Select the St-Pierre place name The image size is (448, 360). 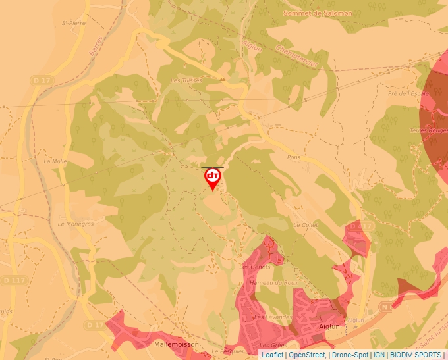[74, 22]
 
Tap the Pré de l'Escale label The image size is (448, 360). [408, 93]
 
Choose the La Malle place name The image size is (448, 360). [55, 161]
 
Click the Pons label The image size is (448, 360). [294, 158]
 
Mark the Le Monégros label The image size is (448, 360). [76, 224]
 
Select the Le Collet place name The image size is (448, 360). [306, 225]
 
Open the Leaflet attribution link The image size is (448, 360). [272, 355]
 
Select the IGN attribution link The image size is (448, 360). [379, 355]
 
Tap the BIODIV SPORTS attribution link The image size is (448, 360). [415, 355]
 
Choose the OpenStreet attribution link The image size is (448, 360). [307, 355]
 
